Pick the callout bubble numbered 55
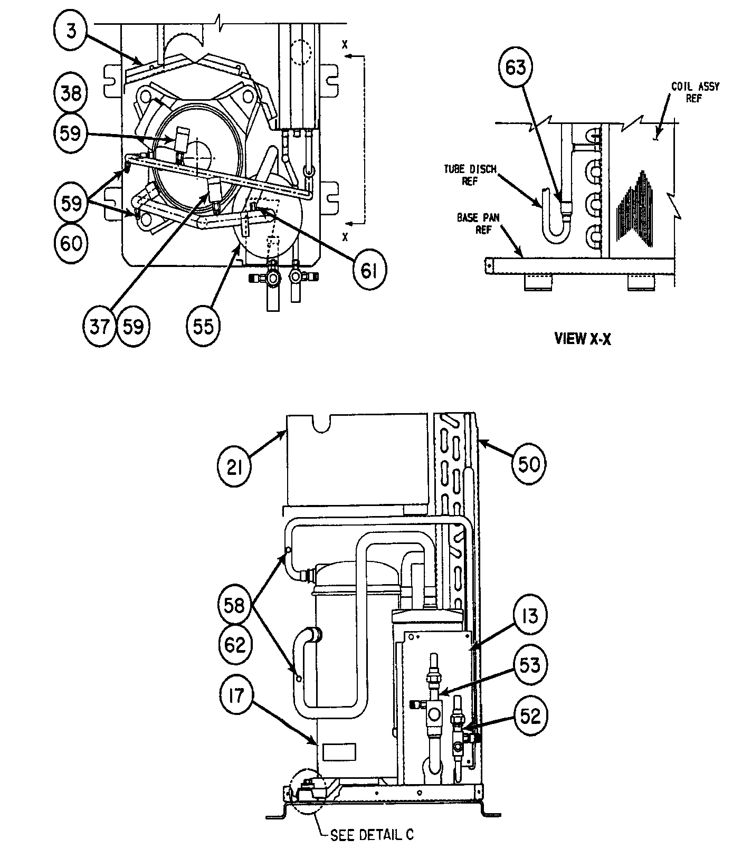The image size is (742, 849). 203,327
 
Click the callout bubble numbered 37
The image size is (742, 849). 100,327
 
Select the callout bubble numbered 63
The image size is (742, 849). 516,67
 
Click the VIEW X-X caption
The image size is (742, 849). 583,339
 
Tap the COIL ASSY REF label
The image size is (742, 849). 695,92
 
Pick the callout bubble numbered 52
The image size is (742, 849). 529,716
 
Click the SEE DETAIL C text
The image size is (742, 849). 372,835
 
